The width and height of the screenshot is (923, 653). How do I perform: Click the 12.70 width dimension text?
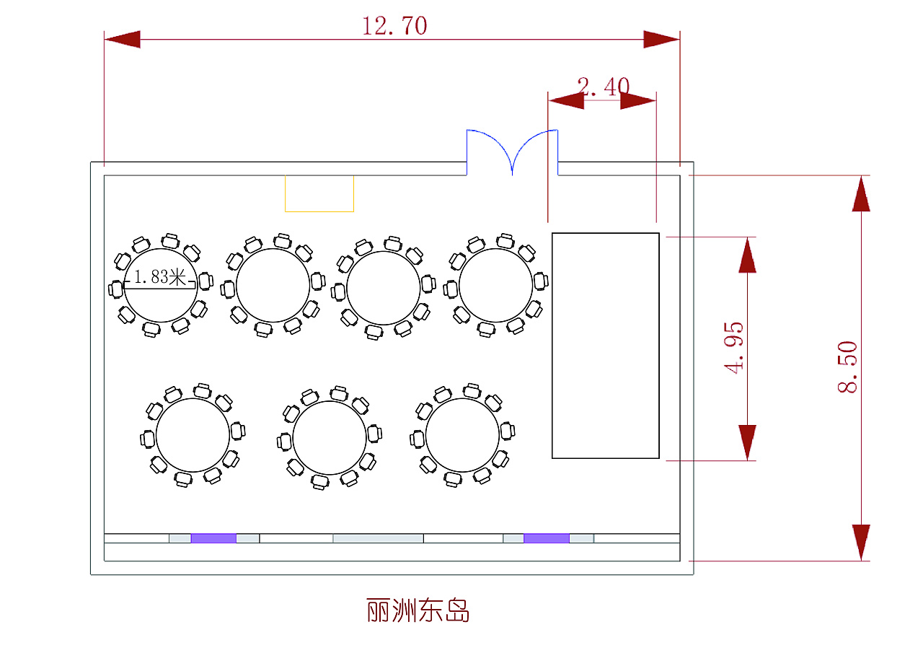tap(394, 27)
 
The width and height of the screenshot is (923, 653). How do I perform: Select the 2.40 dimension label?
tap(604, 87)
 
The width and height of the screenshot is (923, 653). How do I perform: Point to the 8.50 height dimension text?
tap(847, 367)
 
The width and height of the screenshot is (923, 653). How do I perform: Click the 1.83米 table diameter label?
tap(160, 277)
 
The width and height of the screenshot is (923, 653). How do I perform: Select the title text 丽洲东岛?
tap(418, 610)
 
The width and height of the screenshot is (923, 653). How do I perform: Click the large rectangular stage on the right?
tap(605, 345)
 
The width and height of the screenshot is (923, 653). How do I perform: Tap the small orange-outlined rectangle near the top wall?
tap(319, 193)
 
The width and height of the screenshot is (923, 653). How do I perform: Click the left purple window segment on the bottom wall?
tap(213, 538)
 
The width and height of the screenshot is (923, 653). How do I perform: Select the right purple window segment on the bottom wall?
tap(546, 538)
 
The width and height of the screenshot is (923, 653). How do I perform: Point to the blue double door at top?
tap(513, 152)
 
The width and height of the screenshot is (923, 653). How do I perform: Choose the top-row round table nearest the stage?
tap(495, 286)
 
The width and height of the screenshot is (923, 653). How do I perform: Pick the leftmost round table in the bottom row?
tap(193, 434)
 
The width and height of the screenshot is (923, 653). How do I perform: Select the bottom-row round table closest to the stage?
tap(462, 435)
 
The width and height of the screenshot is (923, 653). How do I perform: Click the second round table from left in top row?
tap(273, 286)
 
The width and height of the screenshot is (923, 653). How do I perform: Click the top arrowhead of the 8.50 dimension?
tap(861, 193)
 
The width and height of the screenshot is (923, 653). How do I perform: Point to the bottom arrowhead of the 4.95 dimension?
tap(748, 442)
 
